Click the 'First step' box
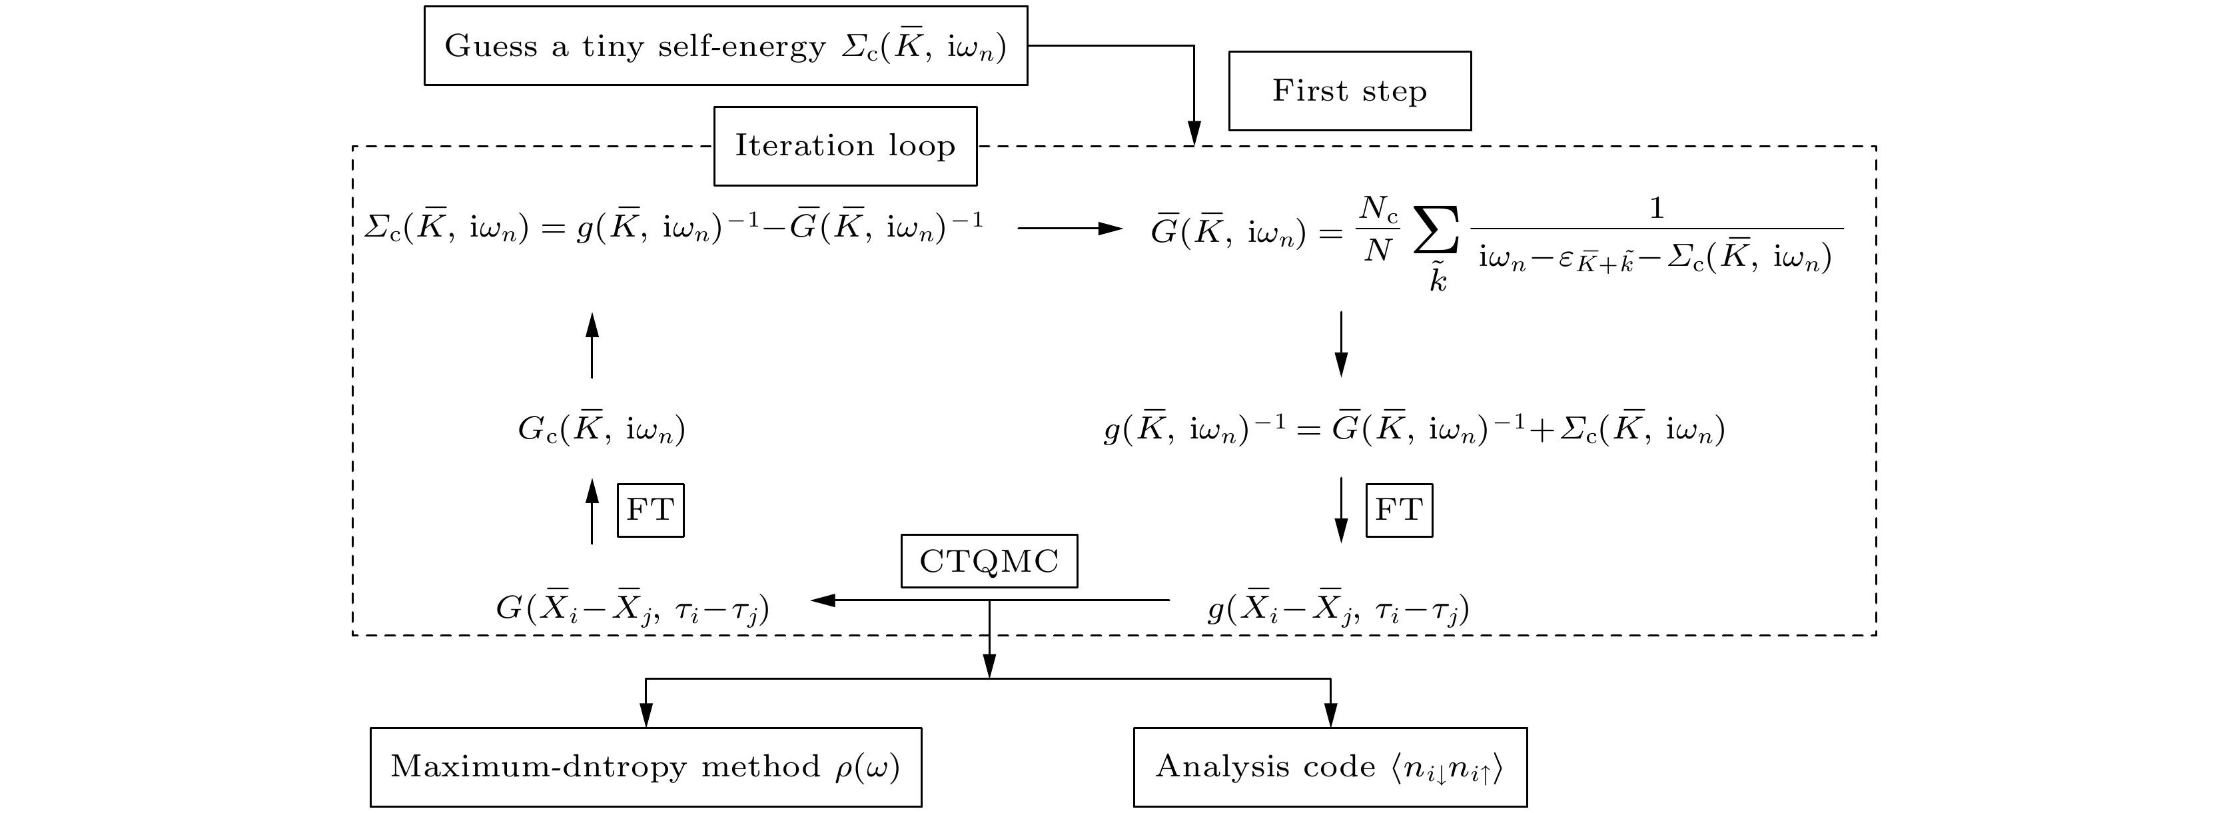point(1349,91)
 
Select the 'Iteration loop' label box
point(845,145)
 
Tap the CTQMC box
point(989,561)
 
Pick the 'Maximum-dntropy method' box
point(646,767)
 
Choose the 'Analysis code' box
point(1329,767)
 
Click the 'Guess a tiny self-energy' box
point(725,46)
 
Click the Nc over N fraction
point(1378,229)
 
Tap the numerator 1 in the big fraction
point(1655,208)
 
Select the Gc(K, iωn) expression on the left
point(602,429)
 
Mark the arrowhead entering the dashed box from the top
point(1193,134)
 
